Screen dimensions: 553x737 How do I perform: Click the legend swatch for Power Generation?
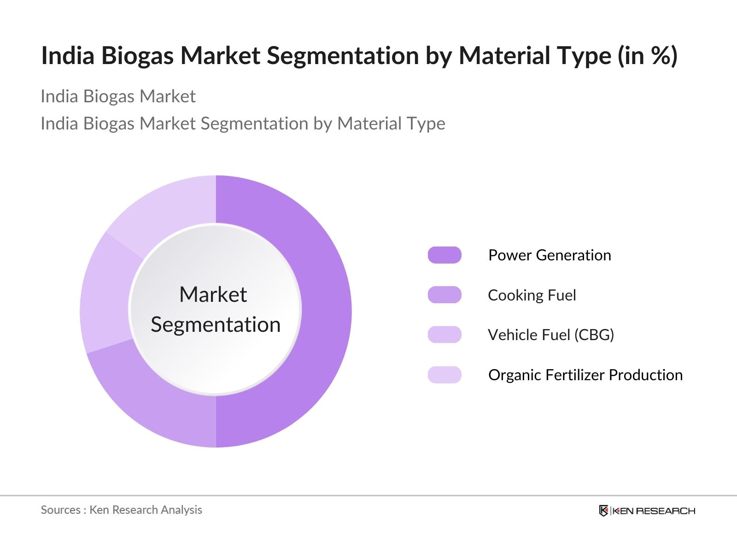coord(445,255)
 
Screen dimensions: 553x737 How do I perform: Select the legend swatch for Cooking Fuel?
coord(445,295)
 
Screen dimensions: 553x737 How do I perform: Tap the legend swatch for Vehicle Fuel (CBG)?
coord(445,335)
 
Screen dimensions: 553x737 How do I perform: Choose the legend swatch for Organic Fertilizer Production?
coord(445,375)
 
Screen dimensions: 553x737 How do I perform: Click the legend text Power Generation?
coord(550,255)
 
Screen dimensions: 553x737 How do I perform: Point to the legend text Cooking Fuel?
coord(532,295)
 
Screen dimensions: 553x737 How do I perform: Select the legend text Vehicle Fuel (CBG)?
coord(551,335)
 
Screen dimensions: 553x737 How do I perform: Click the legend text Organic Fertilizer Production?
coord(585,375)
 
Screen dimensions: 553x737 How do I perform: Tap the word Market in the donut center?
coord(213,294)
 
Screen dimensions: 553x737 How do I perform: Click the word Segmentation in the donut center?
coord(216,324)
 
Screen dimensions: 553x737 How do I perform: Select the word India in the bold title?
coord(68,56)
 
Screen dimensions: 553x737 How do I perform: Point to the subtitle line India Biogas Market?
coord(118,96)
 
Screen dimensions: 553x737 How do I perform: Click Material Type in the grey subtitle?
coord(391,124)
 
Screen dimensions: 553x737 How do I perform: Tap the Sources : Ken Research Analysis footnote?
coord(121,510)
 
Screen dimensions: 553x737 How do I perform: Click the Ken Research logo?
coord(647,511)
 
